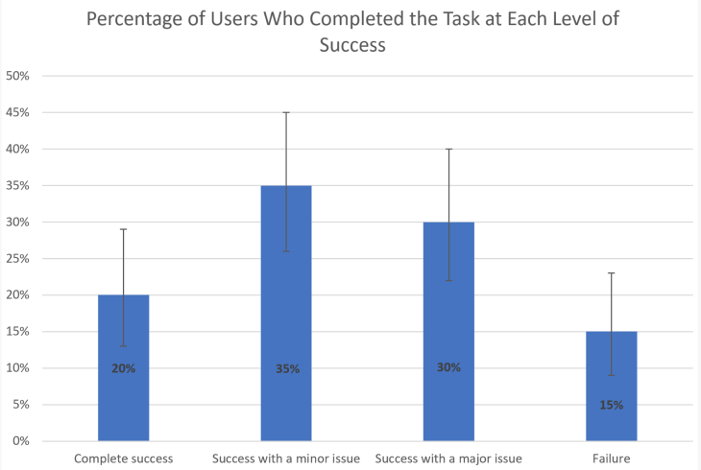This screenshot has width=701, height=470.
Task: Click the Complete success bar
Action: [123, 403]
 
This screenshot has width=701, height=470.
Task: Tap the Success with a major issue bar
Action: [449, 403]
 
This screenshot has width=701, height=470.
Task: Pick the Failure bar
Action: [612, 422]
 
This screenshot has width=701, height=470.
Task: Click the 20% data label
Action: [123, 368]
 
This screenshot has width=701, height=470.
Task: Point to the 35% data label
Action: [286, 368]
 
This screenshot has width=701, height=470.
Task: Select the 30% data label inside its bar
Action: [449, 366]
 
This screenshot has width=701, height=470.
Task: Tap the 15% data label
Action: [612, 405]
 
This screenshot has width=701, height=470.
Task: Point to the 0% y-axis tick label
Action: [21, 441]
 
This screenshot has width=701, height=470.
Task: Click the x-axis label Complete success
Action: [123, 458]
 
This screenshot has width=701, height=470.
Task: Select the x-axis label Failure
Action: [612, 458]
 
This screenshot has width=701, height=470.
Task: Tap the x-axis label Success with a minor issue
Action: [286, 458]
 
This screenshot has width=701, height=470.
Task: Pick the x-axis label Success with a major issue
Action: [449, 458]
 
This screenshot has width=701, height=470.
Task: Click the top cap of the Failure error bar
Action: [612, 273]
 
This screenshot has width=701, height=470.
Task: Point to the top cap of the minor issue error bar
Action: [286, 112]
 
